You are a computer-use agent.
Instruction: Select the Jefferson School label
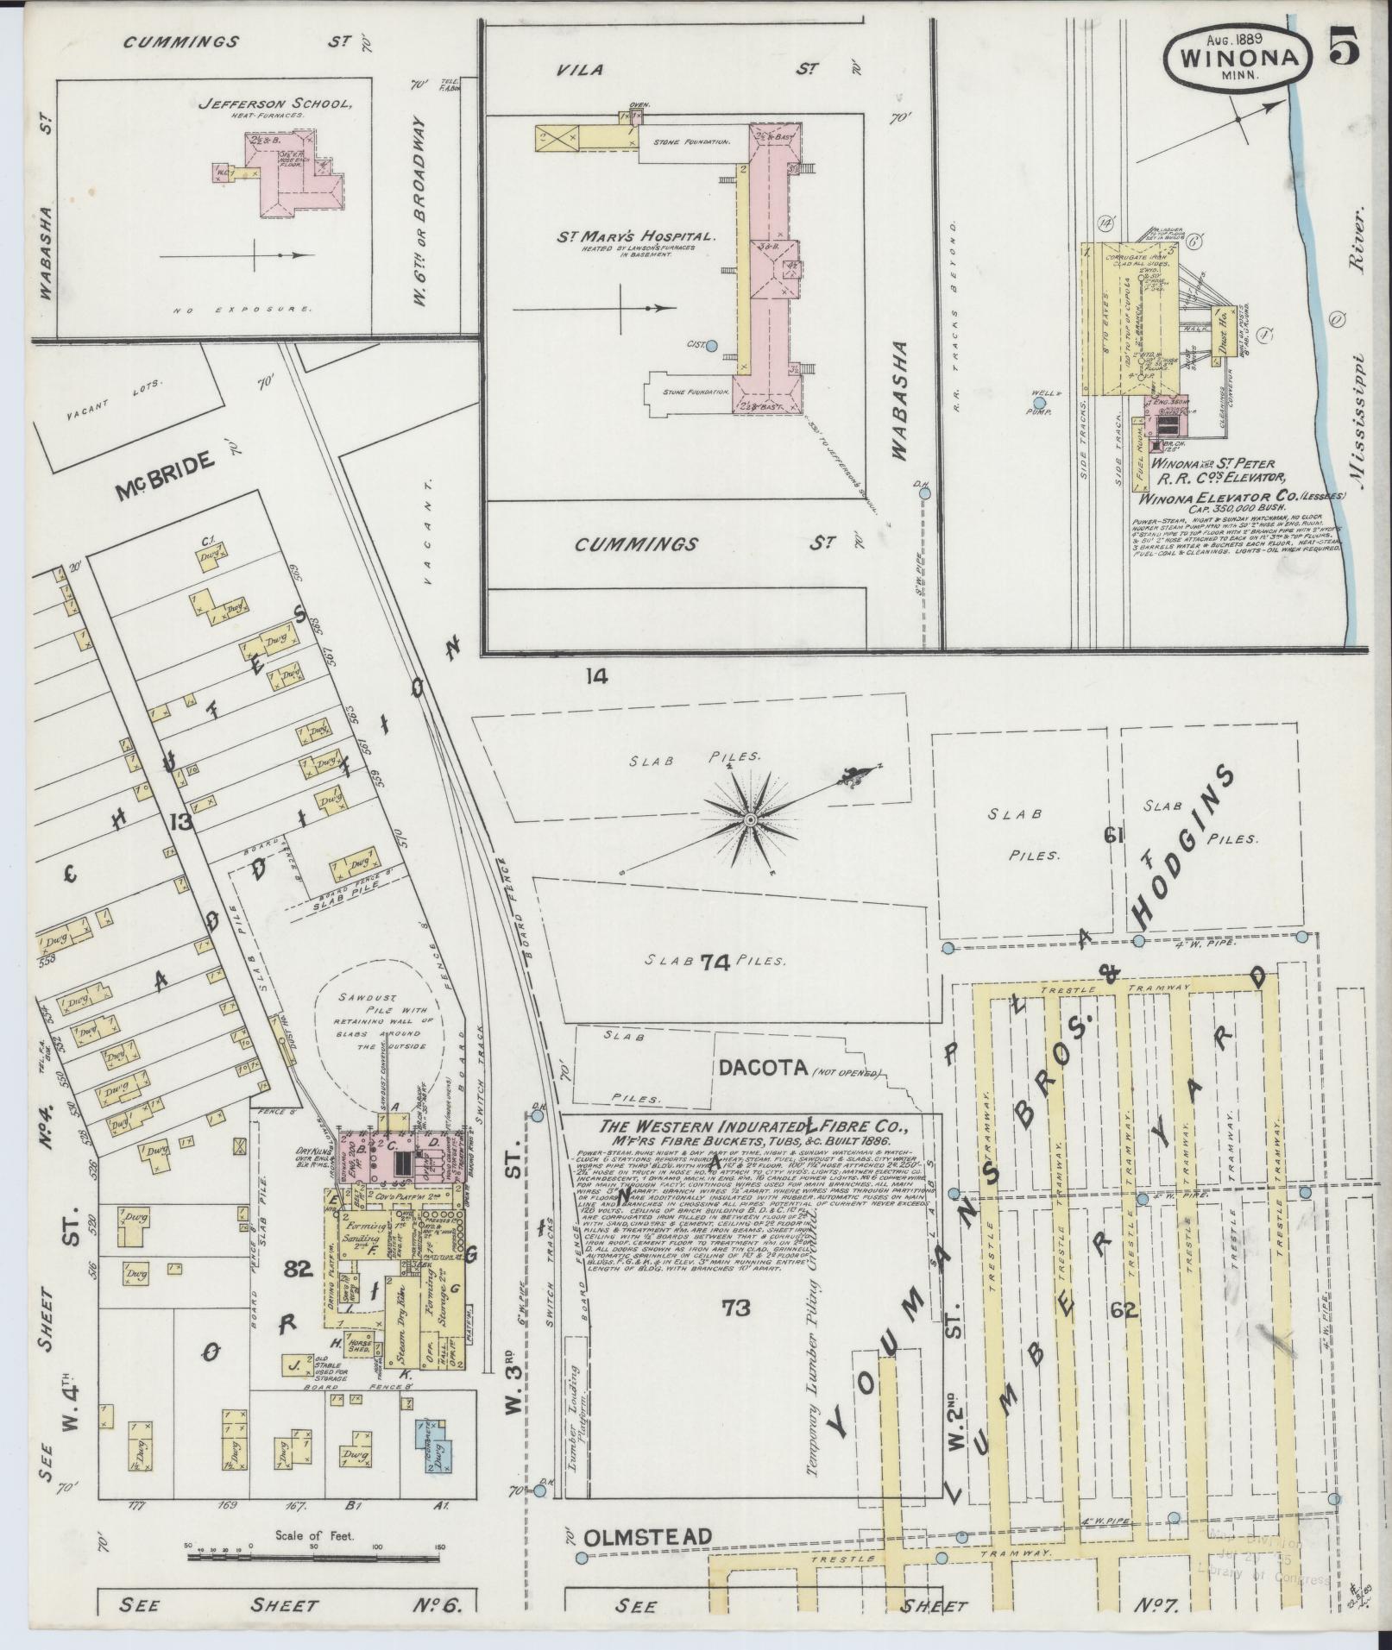pos(275,104)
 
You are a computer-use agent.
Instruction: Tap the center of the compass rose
pos(750,816)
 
